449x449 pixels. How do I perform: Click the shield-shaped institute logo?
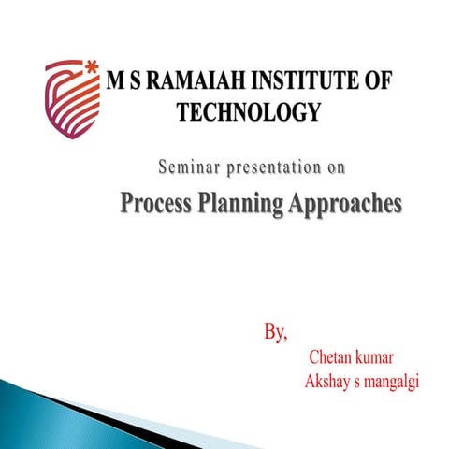(73, 97)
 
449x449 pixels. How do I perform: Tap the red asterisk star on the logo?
(91, 66)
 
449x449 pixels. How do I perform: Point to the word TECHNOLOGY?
(248, 113)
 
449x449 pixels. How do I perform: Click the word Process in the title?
(156, 203)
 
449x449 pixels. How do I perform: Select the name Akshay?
(326, 384)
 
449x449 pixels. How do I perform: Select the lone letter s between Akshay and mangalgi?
(355, 384)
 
